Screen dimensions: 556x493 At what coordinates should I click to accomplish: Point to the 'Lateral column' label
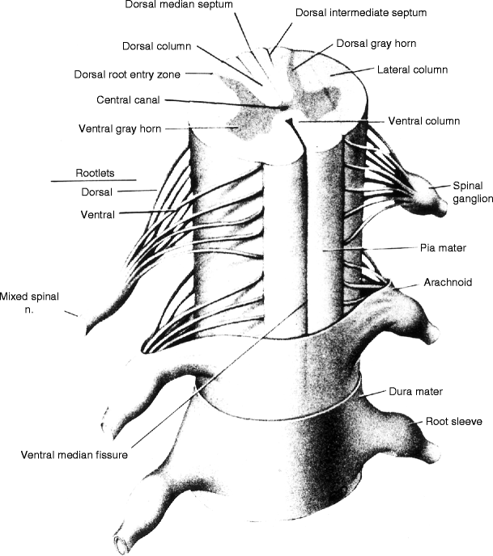pyautogui.click(x=413, y=70)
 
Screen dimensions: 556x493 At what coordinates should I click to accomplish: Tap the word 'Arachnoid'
pyautogui.click(x=448, y=283)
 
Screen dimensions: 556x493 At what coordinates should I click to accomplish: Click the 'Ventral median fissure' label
pyautogui.click(x=75, y=453)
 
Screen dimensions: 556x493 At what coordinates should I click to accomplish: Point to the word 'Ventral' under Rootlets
pyautogui.click(x=98, y=215)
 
